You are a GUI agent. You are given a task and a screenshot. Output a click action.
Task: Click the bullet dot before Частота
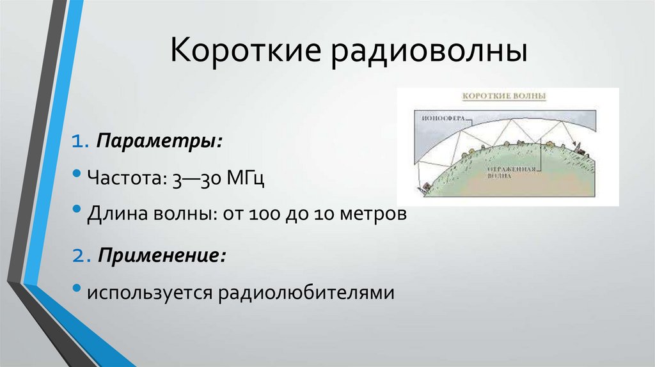tap(77, 175)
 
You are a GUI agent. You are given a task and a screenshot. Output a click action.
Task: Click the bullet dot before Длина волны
tap(77, 210)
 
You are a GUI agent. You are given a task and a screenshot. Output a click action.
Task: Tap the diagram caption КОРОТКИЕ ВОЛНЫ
tap(505, 97)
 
